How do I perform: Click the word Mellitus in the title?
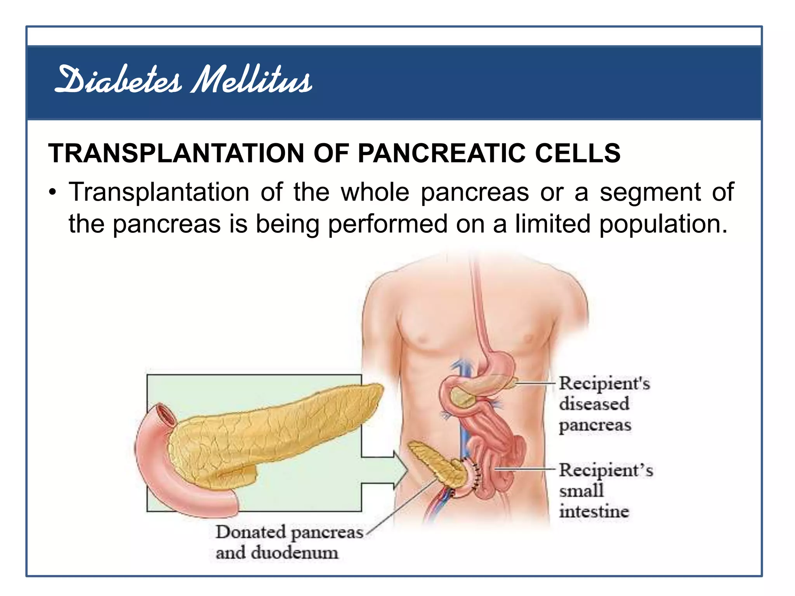252,81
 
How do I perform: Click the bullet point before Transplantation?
53,193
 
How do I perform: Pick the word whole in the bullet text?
375,192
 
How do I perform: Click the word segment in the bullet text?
650,192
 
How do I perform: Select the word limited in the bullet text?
552,224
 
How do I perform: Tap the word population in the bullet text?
663,224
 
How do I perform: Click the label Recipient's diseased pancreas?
604,404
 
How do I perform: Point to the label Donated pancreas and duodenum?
289,542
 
